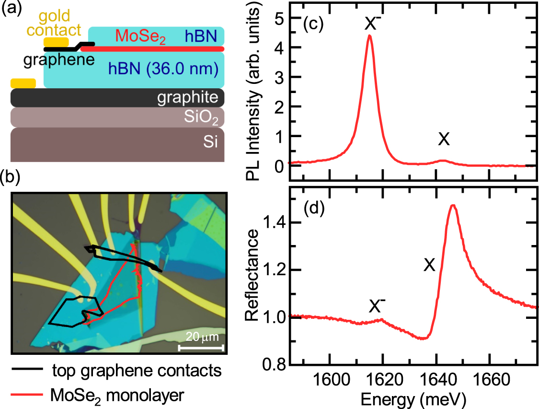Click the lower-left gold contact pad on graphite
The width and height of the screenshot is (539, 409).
pyautogui.click(x=23, y=83)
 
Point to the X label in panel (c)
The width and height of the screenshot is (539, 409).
pyautogui.click(x=444, y=139)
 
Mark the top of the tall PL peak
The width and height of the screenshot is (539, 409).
pyautogui.click(x=369, y=35)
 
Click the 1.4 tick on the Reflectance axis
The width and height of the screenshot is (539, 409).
pyautogui.click(x=276, y=222)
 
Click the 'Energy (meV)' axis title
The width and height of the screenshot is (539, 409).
pyautogui.click(x=410, y=398)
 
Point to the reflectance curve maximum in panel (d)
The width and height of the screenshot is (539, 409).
pyautogui.click(x=453, y=205)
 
